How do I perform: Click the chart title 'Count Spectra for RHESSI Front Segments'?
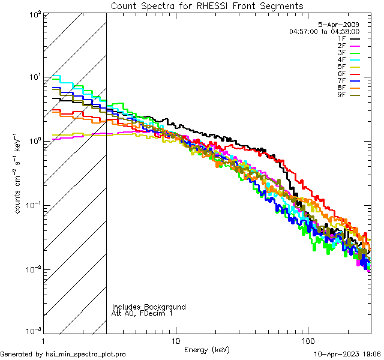pyautogui.click(x=207, y=5)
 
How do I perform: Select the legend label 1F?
pyautogui.click(x=341, y=38)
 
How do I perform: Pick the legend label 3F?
pyautogui.click(x=341, y=53)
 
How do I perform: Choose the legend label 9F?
pyautogui.click(x=341, y=95)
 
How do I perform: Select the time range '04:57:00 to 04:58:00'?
pyautogui.click(x=324, y=31)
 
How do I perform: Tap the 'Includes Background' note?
pyautogui.click(x=149, y=307)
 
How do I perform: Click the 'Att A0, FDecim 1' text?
pyautogui.click(x=142, y=313)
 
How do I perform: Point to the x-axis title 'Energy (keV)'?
pyautogui.click(x=206, y=349)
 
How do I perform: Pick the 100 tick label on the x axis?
pyautogui.click(x=307, y=340)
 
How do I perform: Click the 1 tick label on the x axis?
pyautogui.click(x=43, y=340)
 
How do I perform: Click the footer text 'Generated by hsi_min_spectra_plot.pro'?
pyautogui.click(x=63, y=354)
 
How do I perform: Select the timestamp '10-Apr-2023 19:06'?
pyautogui.click(x=347, y=354)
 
